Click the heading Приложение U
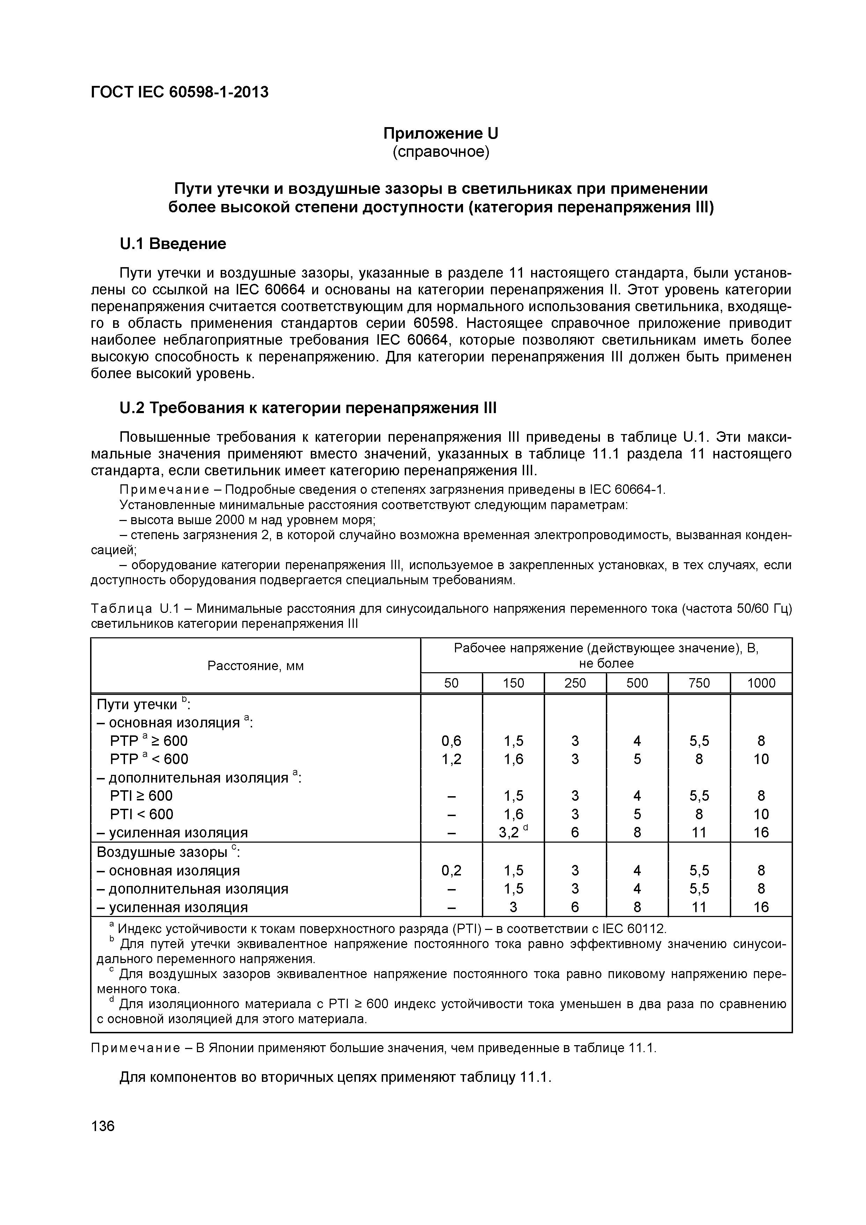441,132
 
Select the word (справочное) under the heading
441,152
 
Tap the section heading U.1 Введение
173,244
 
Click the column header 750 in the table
699,683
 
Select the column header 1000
761,683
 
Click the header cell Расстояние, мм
256,666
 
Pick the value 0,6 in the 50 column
452,741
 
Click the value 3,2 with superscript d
513,832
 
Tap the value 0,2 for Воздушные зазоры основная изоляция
452,871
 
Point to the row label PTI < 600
141,814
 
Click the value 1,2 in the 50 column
452,759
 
